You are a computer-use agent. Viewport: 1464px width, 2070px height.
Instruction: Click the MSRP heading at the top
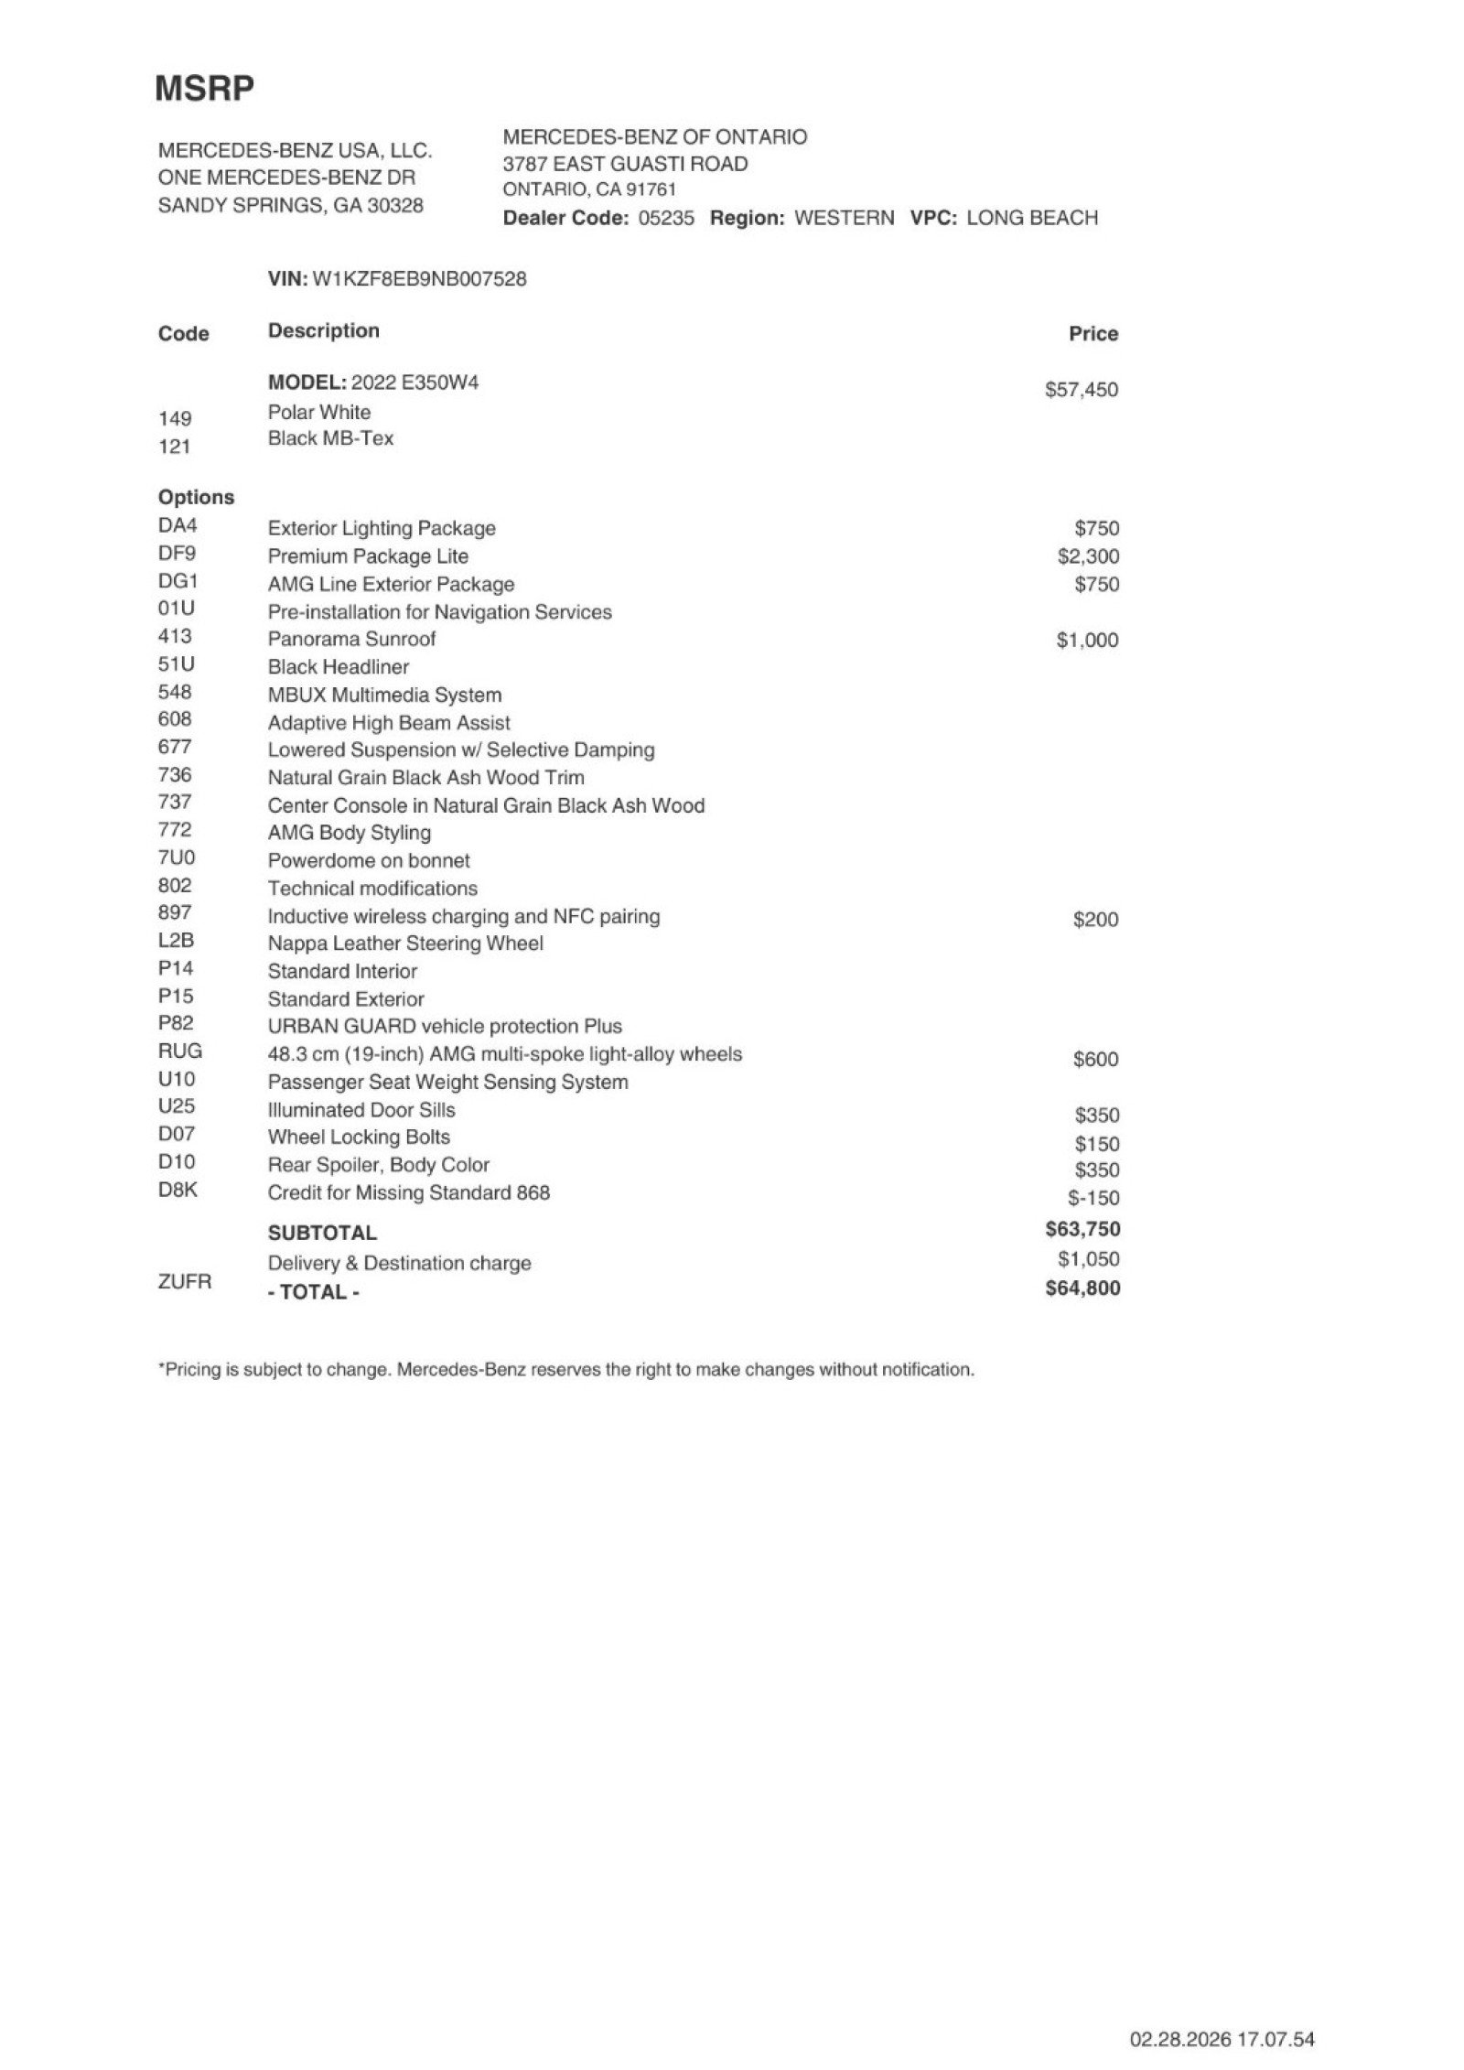click(204, 89)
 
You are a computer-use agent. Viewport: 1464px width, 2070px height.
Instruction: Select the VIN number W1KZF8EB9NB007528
click(419, 279)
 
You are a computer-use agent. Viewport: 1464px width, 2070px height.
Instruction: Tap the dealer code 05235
click(666, 219)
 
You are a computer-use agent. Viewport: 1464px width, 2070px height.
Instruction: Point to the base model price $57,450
click(1081, 390)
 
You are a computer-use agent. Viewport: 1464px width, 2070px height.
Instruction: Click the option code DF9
click(177, 554)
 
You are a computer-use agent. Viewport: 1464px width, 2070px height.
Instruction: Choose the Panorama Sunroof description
click(351, 639)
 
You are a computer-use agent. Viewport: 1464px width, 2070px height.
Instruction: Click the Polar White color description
click(319, 412)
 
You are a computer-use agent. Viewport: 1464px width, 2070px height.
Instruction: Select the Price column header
click(1093, 334)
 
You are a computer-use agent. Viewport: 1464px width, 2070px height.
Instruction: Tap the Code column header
click(183, 334)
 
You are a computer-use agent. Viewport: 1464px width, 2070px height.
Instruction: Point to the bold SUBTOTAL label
click(322, 1233)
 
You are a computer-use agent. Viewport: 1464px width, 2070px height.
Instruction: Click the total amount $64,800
click(1082, 1288)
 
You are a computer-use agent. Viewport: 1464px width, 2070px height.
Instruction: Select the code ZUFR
click(184, 1282)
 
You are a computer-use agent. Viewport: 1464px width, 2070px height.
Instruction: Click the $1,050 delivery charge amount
click(1088, 1259)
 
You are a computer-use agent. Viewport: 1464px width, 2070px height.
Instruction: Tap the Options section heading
click(196, 497)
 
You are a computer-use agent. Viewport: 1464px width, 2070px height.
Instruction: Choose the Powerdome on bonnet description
click(369, 860)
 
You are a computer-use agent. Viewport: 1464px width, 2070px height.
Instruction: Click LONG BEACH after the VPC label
click(1031, 219)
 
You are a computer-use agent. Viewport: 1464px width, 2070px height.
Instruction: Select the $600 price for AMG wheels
click(1095, 1060)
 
